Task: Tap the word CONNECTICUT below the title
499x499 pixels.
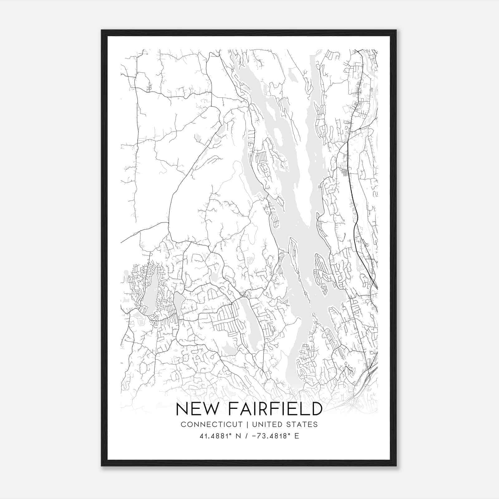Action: click(212, 424)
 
